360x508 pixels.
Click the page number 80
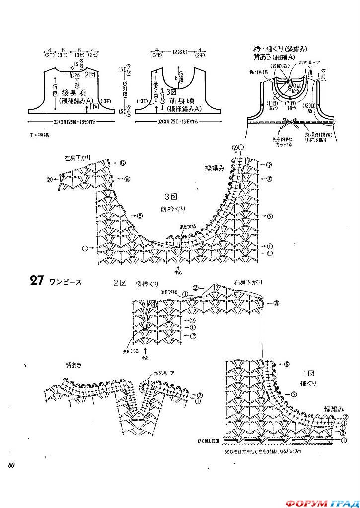click(x=11, y=464)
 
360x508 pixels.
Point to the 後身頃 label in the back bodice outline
click(x=72, y=93)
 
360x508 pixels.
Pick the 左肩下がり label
click(x=77, y=158)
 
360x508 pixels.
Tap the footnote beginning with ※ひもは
click(x=263, y=452)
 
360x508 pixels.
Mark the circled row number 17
click(x=193, y=336)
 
